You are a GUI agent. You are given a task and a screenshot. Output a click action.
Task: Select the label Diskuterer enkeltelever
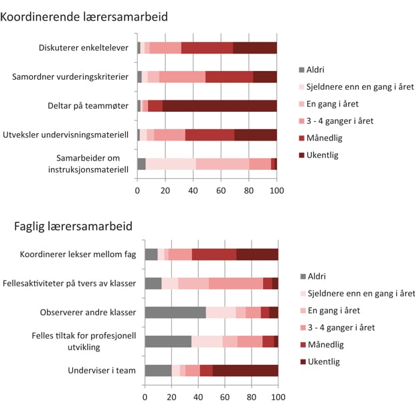84,48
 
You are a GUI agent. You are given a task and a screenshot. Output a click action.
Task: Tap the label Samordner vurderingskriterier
70,77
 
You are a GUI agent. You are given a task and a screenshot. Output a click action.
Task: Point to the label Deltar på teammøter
88,106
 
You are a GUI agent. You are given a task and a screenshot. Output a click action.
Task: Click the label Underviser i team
102,370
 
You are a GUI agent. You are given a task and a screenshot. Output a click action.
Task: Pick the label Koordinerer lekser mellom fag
78,254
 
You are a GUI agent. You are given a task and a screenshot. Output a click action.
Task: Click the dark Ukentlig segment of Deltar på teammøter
220,106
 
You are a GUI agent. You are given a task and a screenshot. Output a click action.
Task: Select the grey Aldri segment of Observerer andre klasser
175,313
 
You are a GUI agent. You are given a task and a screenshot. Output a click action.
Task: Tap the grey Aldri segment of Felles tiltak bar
168,341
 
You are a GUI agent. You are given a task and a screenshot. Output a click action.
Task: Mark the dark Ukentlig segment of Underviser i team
245,370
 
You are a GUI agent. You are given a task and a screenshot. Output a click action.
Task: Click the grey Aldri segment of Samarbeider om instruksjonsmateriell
141,164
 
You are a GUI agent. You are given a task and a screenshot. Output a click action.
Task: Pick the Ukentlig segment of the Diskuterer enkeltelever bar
254,48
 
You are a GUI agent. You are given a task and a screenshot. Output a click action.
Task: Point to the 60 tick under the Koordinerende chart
221,191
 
